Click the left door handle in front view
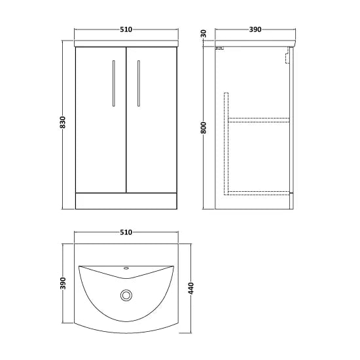pos(114,83)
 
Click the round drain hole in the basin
pos(125,295)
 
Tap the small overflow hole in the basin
pos(126,268)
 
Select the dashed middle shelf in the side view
pos(259,119)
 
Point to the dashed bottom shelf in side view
pos(259,191)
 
